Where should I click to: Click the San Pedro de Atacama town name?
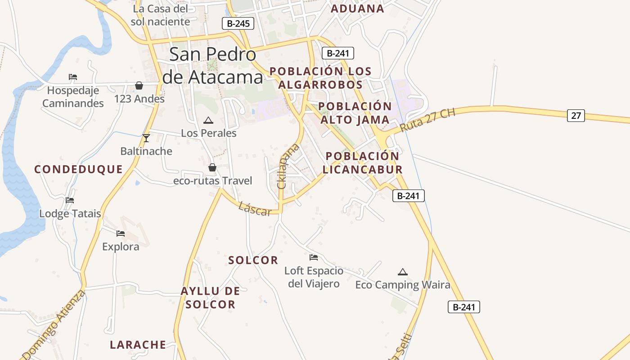(212, 66)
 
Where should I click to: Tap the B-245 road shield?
(238, 23)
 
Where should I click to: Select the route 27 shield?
(576, 116)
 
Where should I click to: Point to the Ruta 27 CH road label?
(427, 120)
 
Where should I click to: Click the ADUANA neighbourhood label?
(357, 9)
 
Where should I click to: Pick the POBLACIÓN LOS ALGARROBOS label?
(320, 78)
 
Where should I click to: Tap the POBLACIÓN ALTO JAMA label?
(355, 113)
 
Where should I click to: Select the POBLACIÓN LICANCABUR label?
(362, 162)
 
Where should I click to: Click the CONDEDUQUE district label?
(79, 169)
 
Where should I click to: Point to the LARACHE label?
(138, 345)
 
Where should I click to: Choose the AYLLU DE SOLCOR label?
(210, 297)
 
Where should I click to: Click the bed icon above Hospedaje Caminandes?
(73, 77)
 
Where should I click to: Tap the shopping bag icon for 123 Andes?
(139, 85)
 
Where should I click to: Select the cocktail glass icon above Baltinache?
(146, 138)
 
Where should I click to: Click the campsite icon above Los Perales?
(208, 120)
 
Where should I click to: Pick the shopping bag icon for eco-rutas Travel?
(212, 167)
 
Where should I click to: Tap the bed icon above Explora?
(121, 233)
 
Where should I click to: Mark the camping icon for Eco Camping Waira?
(403, 271)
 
